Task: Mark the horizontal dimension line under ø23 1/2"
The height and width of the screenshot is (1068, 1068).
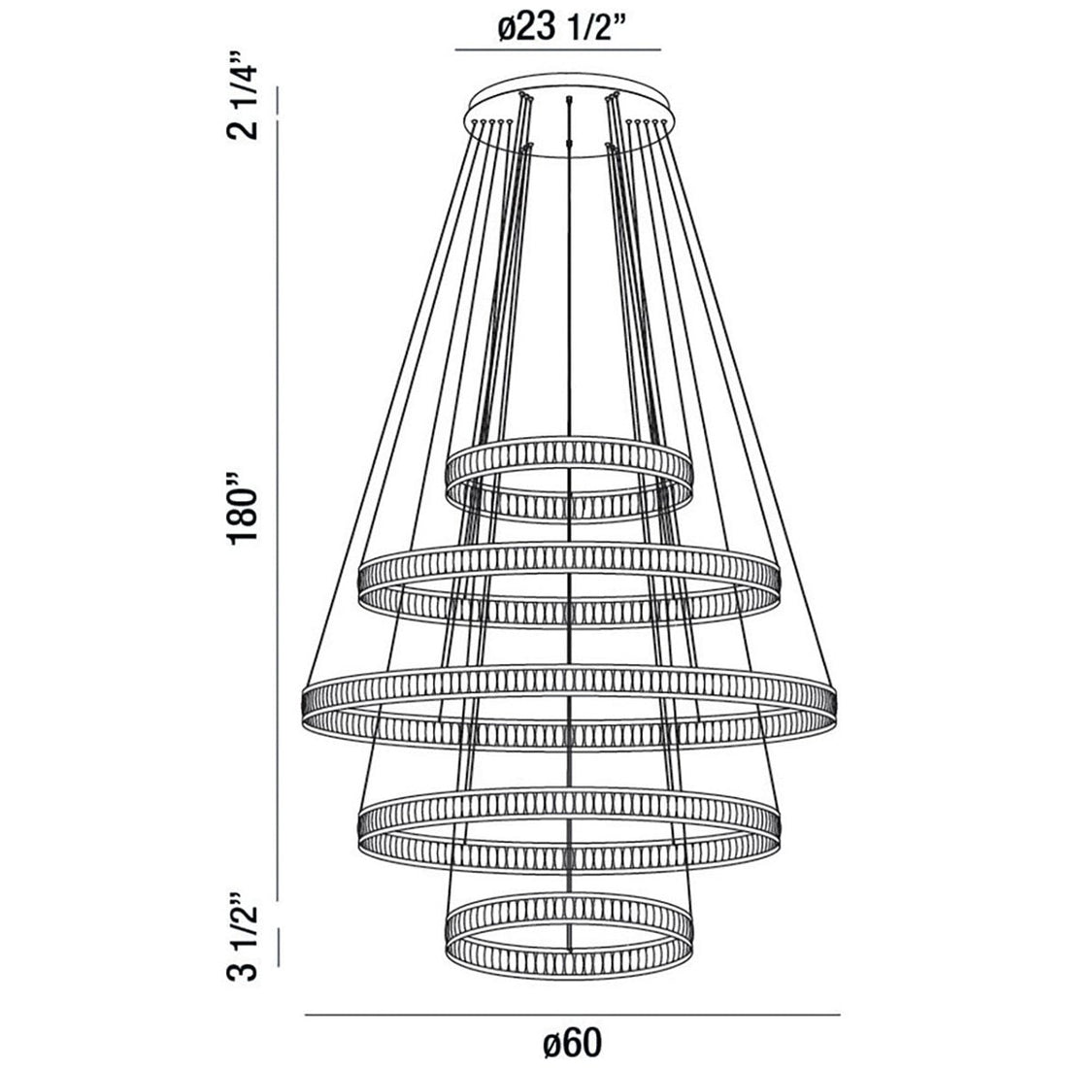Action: tap(558, 50)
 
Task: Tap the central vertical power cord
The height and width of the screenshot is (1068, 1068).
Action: tap(568, 388)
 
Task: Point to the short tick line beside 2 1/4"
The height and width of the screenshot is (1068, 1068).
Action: tap(280, 102)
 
